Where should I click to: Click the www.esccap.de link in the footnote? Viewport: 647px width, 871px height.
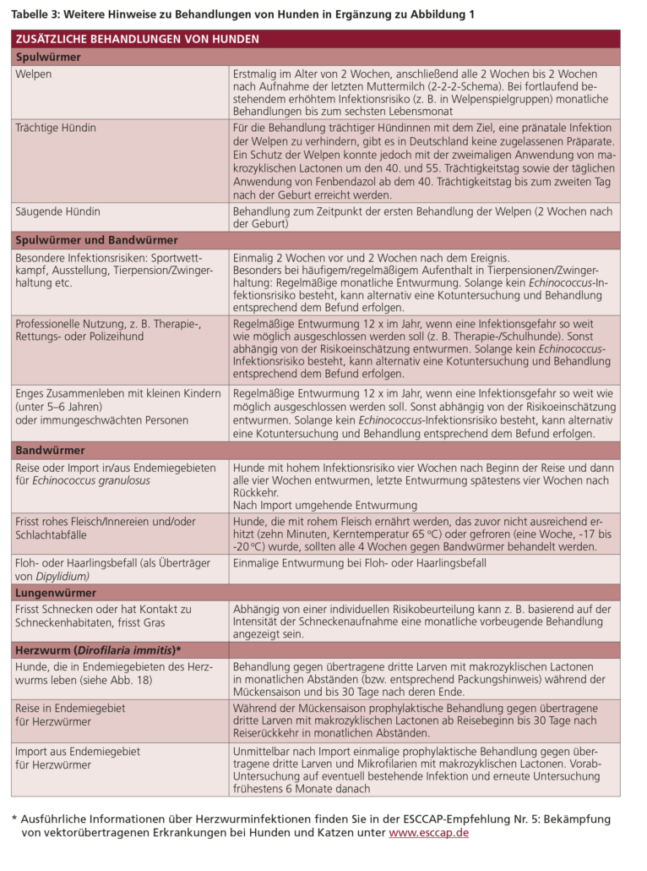[x=428, y=833]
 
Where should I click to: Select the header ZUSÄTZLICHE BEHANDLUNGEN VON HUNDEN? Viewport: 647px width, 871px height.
[x=138, y=40]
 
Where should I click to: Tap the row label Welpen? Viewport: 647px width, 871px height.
[x=34, y=74]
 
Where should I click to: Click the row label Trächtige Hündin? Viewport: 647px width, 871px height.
[x=56, y=128]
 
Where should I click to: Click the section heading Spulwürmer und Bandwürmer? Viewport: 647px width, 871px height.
[x=96, y=240]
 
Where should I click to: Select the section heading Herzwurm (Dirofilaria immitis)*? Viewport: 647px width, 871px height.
[x=99, y=649]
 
